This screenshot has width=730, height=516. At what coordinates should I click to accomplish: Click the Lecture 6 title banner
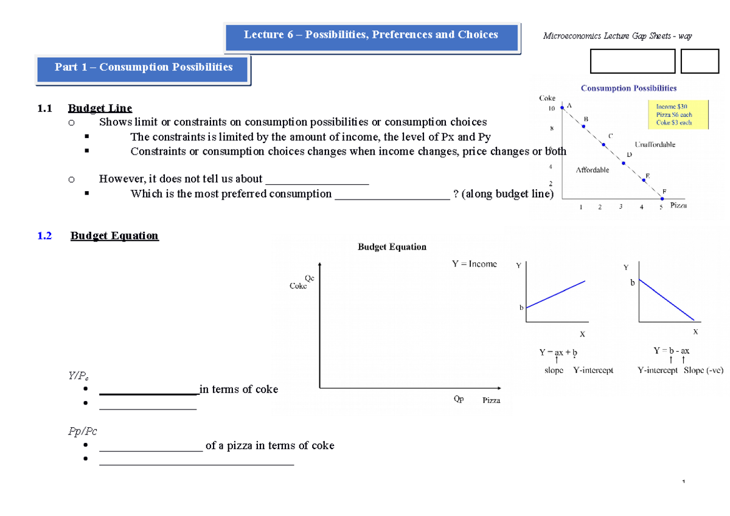click(371, 35)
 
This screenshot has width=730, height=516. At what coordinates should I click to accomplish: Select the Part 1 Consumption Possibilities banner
click(144, 68)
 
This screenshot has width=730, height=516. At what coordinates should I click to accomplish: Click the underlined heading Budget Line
click(100, 108)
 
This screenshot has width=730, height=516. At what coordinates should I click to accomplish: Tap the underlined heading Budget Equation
click(114, 236)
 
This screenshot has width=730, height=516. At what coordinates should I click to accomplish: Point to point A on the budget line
click(563, 108)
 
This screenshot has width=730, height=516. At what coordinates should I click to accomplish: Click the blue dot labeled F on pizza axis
click(662, 198)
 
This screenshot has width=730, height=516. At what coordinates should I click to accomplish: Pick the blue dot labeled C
click(603, 144)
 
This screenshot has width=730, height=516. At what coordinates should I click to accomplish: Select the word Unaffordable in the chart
click(655, 145)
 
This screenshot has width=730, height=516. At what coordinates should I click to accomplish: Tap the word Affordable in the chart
click(592, 170)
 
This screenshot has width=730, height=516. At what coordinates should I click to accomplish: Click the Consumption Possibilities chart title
click(628, 88)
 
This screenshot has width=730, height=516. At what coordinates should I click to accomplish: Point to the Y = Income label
click(474, 264)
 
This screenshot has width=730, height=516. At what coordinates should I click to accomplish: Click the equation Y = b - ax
click(671, 351)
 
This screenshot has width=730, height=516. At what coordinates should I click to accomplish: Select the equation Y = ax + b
click(558, 352)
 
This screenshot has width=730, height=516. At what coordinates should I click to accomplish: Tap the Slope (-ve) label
click(703, 371)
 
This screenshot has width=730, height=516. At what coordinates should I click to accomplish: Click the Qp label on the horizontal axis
click(459, 400)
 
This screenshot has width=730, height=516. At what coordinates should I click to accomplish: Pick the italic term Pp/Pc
click(82, 431)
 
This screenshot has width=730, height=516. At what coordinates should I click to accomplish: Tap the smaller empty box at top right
click(700, 61)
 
